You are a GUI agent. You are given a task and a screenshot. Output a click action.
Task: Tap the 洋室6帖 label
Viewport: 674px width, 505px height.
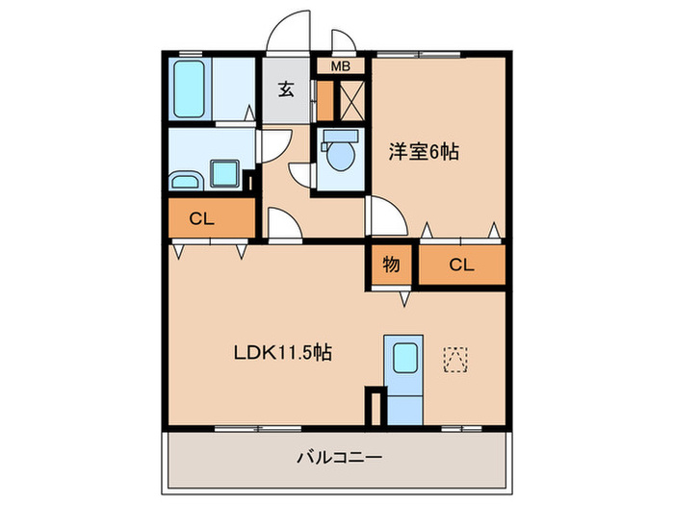423,151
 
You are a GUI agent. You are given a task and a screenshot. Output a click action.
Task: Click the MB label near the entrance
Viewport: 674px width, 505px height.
341,66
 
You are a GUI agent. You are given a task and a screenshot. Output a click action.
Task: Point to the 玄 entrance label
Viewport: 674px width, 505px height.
286,89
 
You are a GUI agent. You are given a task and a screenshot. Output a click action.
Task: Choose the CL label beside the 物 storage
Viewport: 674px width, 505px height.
460,265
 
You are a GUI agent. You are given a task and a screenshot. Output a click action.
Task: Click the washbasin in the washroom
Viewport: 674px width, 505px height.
184,180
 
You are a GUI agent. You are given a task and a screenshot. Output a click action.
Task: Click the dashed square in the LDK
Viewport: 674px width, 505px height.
454,359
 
